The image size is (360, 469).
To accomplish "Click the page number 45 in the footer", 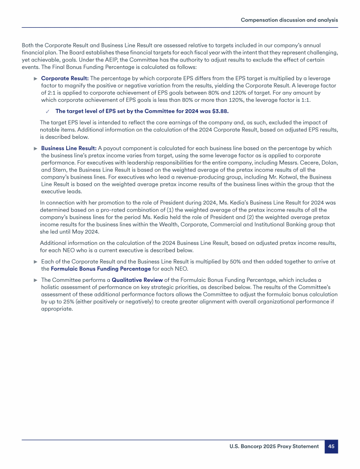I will [331, 446].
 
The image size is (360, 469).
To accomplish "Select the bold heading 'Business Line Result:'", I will [69, 148].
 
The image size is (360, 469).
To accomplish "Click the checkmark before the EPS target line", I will [48, 112].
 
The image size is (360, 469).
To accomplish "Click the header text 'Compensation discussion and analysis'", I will [289, 20].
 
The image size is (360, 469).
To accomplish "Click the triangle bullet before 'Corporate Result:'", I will [36, 78].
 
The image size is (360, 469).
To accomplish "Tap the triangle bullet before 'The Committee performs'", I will [36, 280].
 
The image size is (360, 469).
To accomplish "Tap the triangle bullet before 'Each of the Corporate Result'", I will [36, 262].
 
